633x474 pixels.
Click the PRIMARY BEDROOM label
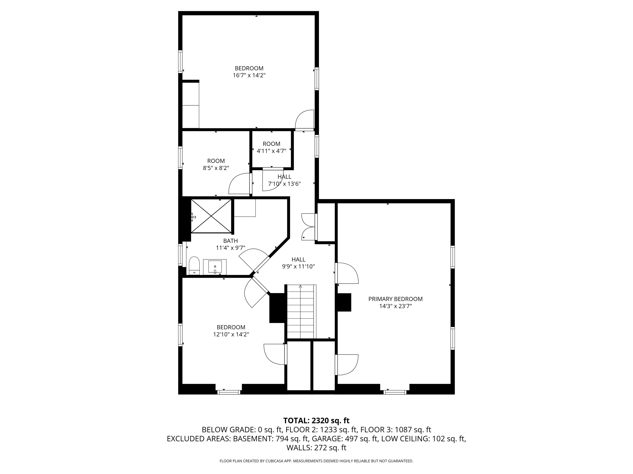pyautogui.click(x=395, y=299)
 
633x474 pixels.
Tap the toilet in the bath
pyautogui.click(x=194, y=266)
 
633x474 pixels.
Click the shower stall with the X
pyautogui.click(x=211, y=216)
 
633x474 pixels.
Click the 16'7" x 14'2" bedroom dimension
pyautogui.click(x=249, y=75)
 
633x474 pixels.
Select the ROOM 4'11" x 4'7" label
pyautogui.click(x=272, y=147)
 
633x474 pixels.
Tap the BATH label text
pyautogui.click(x=230, y=241)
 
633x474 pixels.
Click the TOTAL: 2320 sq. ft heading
pyautogui.click(x=316, y=420)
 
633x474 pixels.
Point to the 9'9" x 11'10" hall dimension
pyautogui.click(x=299, y=266)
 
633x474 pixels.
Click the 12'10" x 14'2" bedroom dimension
pyautogui.click(x=231, y=334)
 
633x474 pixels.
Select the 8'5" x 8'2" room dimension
pyautogui.click(x=216, y=168)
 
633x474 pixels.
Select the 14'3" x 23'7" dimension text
pyautogui.click(x=395, y=306)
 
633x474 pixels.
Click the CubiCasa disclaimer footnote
pyautogui.click(x=316, y=461)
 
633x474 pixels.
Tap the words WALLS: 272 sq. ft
pyautogui.click(x=316, y=448)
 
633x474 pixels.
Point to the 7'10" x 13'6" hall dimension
pyautogui.click(x=284, y=184)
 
